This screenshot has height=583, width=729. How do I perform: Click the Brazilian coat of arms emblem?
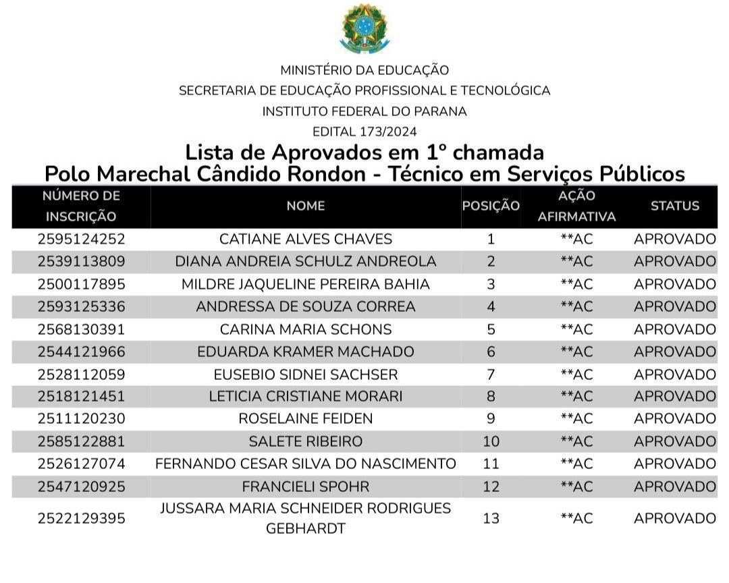click(x=364, y=29)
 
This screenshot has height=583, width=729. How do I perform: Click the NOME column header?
click(x=306, y=206)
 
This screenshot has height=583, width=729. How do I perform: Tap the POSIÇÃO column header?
click(x=491, y=206)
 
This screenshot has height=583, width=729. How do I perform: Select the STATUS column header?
click(x=674, y=206)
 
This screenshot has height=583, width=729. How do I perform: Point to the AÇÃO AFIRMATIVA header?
click(x=576, y=206)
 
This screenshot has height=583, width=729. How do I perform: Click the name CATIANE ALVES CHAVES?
click(x=306, y=239)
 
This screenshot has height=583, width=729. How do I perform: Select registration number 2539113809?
click(x=81, y=261)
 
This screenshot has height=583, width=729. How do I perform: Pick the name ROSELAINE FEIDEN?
click(x=306, y=419)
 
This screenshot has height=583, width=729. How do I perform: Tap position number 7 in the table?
click(x=491, y=374)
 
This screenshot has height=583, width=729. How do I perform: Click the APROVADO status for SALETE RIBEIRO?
click(x=674, y=441)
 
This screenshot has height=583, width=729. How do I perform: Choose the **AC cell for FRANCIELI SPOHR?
click(x=576, y=487)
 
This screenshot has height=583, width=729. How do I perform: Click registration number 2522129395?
click(x=81, y=518)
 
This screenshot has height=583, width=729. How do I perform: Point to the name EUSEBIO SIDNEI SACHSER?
click(x=306, y=374)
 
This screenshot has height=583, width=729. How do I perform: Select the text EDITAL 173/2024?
click(x=364, y=132)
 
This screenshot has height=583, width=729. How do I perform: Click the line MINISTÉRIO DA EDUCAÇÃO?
click(x=364, y=70)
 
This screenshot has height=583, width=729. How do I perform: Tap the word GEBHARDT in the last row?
click(x=306, y=528)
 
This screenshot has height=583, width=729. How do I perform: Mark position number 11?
click(x=491, y=464)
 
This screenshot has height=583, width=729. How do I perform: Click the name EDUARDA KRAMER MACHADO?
click(x=306, y=352)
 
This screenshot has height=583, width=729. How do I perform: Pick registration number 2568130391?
click(x=81, y=329)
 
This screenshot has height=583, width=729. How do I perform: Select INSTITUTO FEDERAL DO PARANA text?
click(x=364, y=111)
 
